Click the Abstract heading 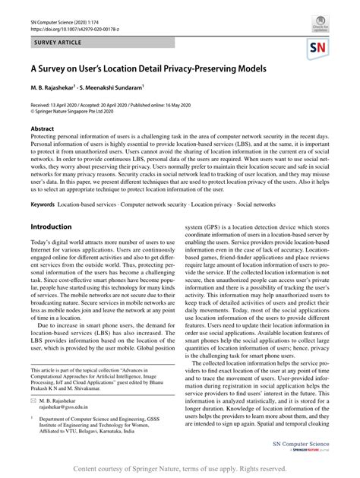[43, 129]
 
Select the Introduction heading [51, 226]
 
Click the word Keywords [43, 204]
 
